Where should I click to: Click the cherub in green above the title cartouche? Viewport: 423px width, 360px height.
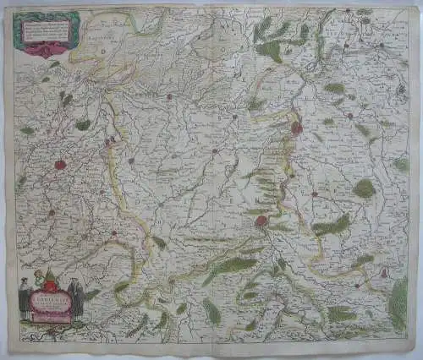(x=39, y=279)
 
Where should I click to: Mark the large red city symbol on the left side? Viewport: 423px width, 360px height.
(x=61, y=165)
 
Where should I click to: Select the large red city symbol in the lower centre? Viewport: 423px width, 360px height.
(x=261, y=221)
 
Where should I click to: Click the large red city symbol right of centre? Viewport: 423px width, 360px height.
(x=296, y=128)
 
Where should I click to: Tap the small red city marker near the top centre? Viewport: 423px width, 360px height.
(x=169, y=96)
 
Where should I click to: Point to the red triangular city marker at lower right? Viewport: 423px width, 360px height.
(x=383, y=272)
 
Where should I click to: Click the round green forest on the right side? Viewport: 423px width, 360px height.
(x=365, y=188)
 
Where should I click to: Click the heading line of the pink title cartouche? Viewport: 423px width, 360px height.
(x=52, y=296)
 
